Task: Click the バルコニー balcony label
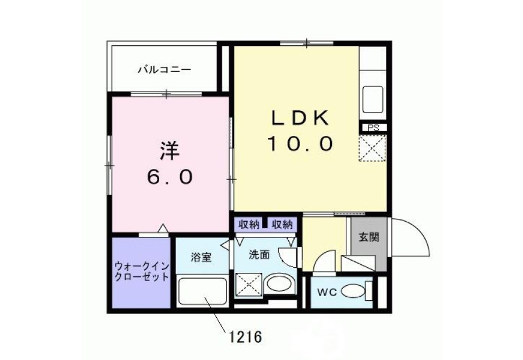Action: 165,70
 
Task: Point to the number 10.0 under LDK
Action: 300,143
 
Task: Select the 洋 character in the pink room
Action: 170,151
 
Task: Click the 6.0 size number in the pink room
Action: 170,177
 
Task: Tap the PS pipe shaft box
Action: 374,128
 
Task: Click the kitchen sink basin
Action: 372,100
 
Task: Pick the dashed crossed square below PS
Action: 372,148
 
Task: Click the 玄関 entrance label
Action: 368,237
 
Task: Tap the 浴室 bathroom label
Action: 201,257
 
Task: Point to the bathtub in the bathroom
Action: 202,291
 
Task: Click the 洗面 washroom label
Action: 259,255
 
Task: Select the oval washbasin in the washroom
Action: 280,284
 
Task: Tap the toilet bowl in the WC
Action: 353,291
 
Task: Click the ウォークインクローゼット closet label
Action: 141,272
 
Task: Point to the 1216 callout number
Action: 245,337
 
